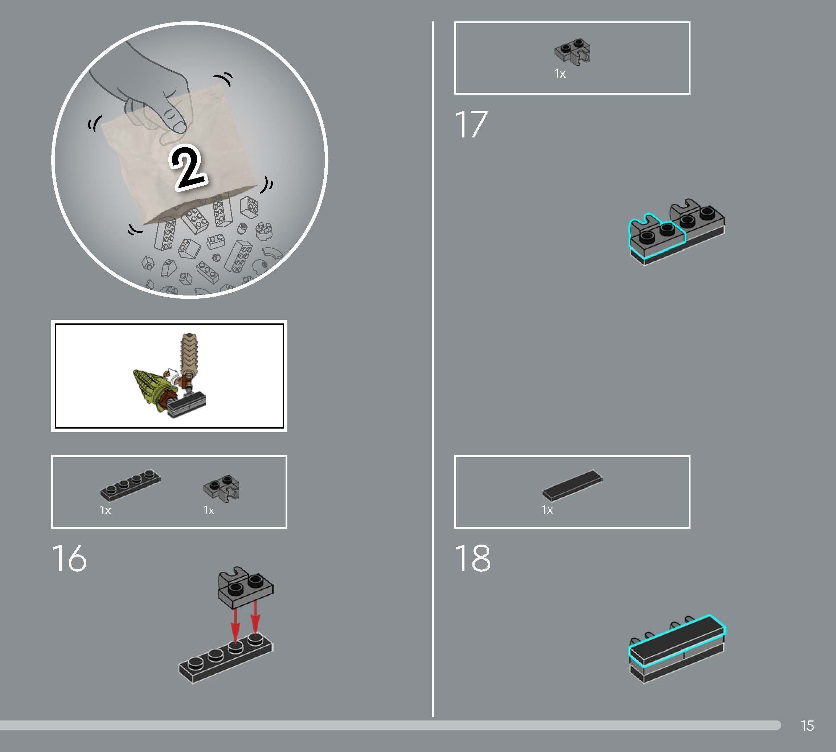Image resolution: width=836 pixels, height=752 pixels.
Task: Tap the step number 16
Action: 69,558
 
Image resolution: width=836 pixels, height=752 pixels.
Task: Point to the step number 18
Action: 472,558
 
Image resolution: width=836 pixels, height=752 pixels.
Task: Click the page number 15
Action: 807,726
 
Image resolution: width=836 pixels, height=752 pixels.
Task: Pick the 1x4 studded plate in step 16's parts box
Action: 130,485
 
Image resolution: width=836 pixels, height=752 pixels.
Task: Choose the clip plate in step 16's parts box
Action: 221,488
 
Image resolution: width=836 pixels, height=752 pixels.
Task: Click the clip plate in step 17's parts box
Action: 572,52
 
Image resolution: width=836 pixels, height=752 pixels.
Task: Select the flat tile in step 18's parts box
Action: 572,486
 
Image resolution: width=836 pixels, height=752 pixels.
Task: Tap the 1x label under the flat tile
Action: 548,510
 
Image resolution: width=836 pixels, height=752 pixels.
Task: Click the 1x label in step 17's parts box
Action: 560,74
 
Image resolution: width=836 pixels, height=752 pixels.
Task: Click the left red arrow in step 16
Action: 235,625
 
